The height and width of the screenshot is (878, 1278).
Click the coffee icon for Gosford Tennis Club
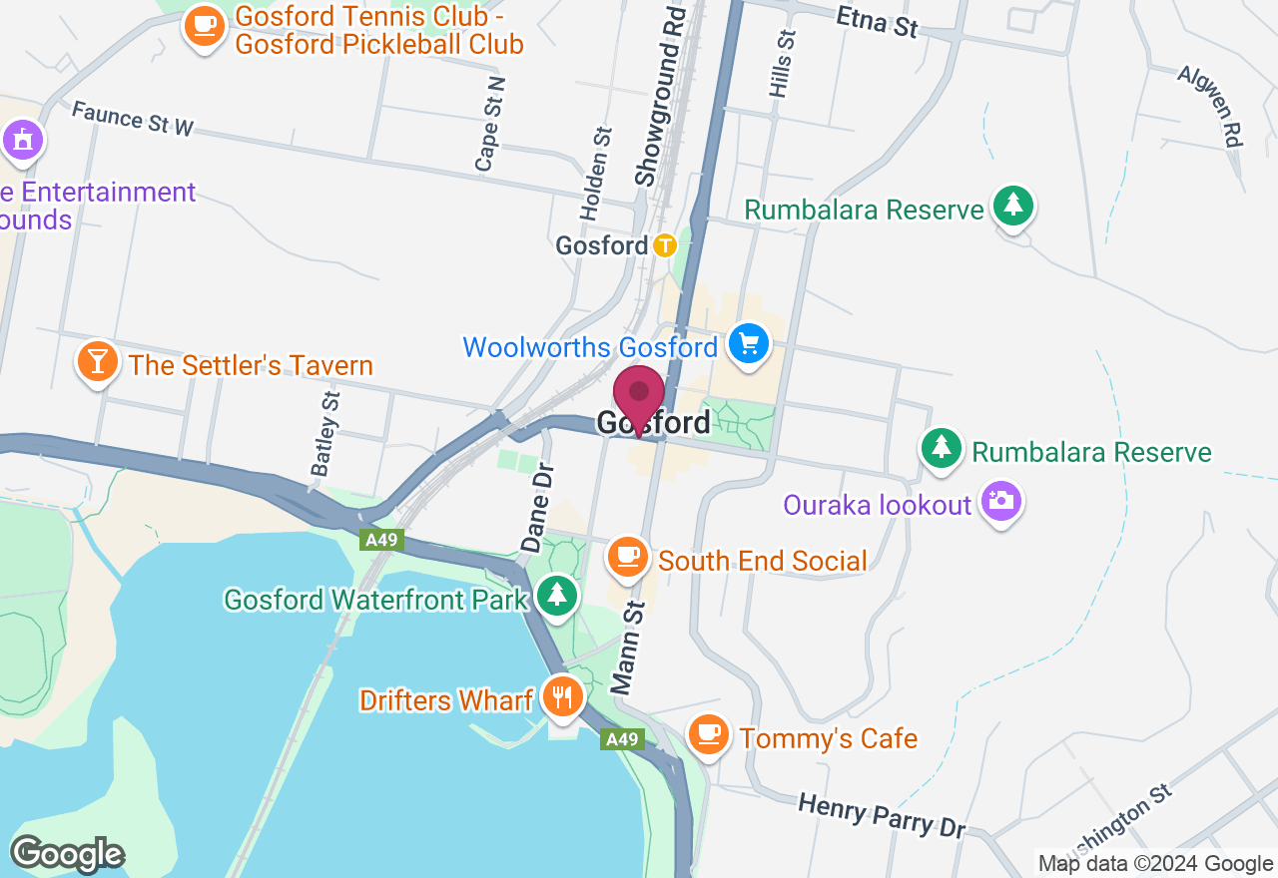[204, 24]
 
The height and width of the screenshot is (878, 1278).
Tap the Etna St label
[877, 21]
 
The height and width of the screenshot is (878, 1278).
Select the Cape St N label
[490, 124]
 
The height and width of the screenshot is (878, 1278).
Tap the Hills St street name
[782, 63]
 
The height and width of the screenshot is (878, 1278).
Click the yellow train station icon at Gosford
[665, 244]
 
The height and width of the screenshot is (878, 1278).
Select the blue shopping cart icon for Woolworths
[748, 345]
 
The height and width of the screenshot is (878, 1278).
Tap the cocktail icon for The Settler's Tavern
[97, 361]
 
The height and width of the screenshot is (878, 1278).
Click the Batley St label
[324, 433]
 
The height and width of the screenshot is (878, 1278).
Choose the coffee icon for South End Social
[627, 557]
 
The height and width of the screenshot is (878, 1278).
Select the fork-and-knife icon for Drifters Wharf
[562, 695]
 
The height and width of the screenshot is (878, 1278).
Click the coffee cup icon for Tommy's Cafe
[708, 734]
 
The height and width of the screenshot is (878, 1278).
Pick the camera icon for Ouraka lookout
[999, 502]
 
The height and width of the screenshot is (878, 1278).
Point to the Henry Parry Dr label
[883, 814]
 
